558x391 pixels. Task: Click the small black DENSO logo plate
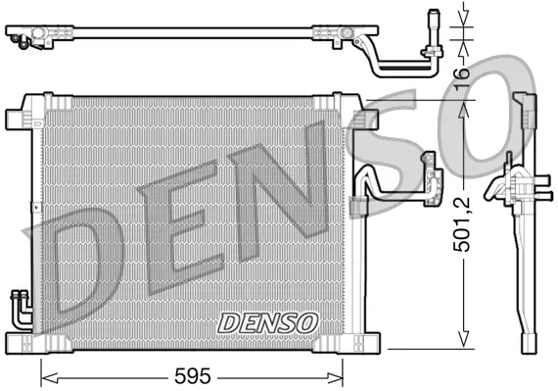[x=267, y=321]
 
